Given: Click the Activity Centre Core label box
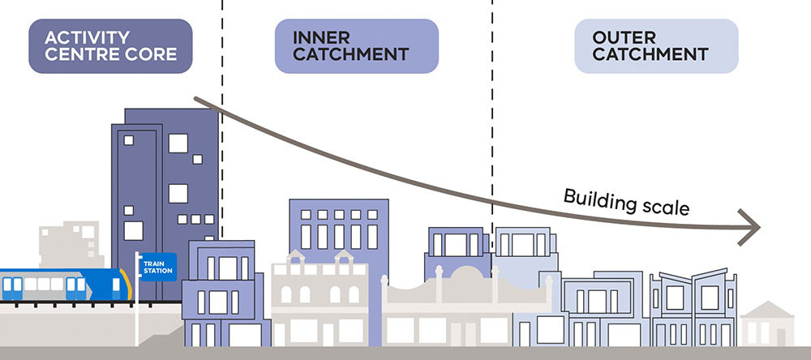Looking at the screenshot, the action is (110, 46).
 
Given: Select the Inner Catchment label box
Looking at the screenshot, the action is (356, 46).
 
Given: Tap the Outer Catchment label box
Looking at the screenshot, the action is (656, 46).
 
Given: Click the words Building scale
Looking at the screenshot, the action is (626, 202).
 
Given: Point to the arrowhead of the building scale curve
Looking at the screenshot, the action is (750, 227).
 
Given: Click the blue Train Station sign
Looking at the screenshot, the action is (158, 267).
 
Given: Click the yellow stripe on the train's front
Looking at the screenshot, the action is (127, 284).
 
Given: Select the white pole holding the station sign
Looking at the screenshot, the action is (137, 299).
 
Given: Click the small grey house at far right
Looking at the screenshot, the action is (767, 324).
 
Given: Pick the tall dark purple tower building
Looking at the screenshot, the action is (165, 204).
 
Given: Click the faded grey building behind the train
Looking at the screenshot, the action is (71, 245).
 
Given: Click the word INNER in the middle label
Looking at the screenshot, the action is (321, 37).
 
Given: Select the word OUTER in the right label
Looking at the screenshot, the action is (624, 37).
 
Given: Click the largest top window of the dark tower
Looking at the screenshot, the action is (178, 144).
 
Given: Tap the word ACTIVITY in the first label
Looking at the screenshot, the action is (88, 37).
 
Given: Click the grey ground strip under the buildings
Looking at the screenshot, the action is (405, 354).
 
